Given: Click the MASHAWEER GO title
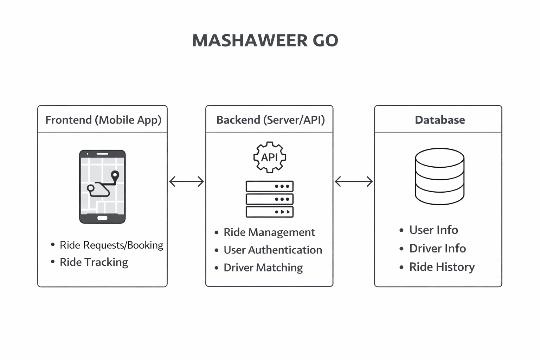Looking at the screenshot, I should click(x=265, y=40).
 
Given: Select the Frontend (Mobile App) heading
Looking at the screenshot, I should click(x=103, y=120).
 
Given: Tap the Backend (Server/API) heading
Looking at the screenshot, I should click(x=270, y=120).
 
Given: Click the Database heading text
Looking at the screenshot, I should click(x=440, y=120).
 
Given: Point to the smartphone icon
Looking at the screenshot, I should click(x=102, y=187).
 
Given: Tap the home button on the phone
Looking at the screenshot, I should click(x=102, y=218).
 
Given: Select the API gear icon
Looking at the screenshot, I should click(x=270, y=157).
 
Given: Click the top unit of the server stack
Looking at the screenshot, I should click(x=270, y=186).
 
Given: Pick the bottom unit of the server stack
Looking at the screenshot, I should click(x=270, y=212).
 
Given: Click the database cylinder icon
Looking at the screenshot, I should click(x=439, y=176).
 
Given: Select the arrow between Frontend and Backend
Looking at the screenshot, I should click(x=186, y=181).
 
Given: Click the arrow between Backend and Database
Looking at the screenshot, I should click(x=354, y=181).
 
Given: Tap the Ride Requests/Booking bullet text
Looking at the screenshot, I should click(x=111, y=245).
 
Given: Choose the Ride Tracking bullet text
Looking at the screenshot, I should click(x=94, y=262).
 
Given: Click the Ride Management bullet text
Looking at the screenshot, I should click(x=269, y=232).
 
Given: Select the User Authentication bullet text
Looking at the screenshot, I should click(x=273, y=250).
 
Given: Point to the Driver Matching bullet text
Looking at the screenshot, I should click(x=263, y=268).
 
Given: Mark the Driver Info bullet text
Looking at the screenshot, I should click(x=437, y=249).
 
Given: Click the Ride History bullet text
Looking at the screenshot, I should click(x=442, y=267).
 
